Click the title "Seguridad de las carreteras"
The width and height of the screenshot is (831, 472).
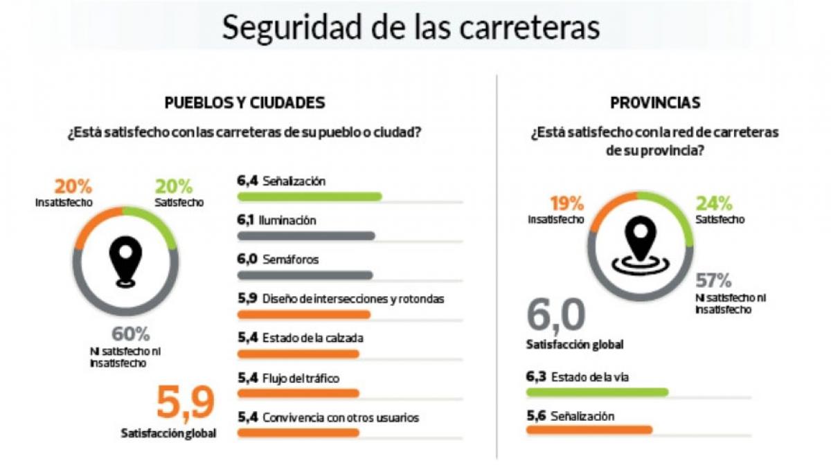(410, 27)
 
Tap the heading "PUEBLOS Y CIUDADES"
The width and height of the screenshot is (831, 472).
(244, 103)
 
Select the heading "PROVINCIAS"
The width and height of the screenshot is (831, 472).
(655, 103)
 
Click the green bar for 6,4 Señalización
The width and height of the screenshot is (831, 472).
(309, 197)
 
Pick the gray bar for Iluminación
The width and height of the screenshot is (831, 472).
(305, 236)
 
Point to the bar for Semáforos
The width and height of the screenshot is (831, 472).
(305, 275)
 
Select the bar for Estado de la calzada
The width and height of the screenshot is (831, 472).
(298, 354)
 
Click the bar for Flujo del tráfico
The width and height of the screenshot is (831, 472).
(298, 393)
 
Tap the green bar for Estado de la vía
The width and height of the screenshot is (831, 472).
(597, 392)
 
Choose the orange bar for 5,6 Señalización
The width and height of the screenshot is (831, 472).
(589, 430)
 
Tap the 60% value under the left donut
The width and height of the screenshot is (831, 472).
(130, 334)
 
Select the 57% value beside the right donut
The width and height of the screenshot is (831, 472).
(713, 281)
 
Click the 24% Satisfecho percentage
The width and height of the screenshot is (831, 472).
(714, 204)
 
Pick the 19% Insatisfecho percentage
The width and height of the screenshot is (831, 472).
(566, 204)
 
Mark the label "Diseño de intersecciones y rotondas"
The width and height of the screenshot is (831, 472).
(353, 299)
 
